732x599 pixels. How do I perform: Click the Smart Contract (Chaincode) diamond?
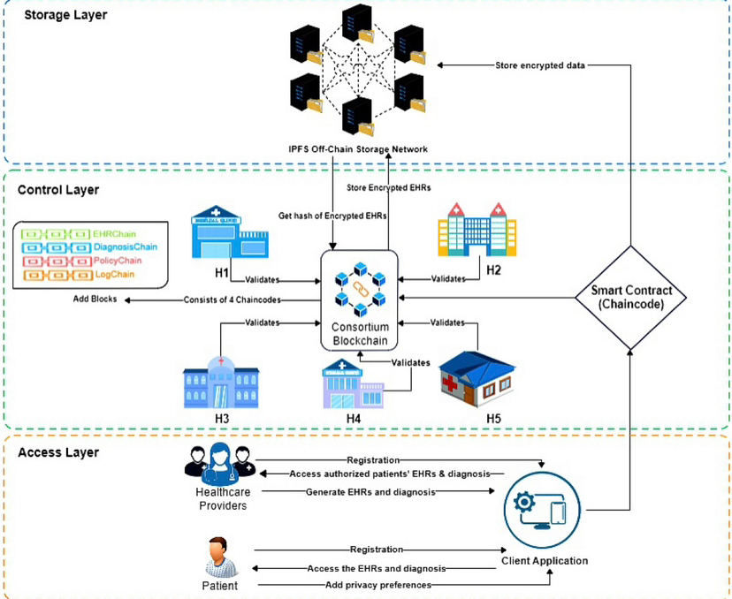coord(630,297)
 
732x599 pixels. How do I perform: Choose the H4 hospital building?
coord(352,383)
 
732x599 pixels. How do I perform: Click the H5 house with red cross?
coord(477,377)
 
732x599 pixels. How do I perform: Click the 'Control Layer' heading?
coord(58,189)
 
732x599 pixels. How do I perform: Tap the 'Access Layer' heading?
coord(58,452)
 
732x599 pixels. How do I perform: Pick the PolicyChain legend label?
coord(116,262)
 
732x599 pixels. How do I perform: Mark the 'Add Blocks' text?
coord(95,299)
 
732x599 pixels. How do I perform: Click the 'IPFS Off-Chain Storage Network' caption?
coord(357,149)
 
